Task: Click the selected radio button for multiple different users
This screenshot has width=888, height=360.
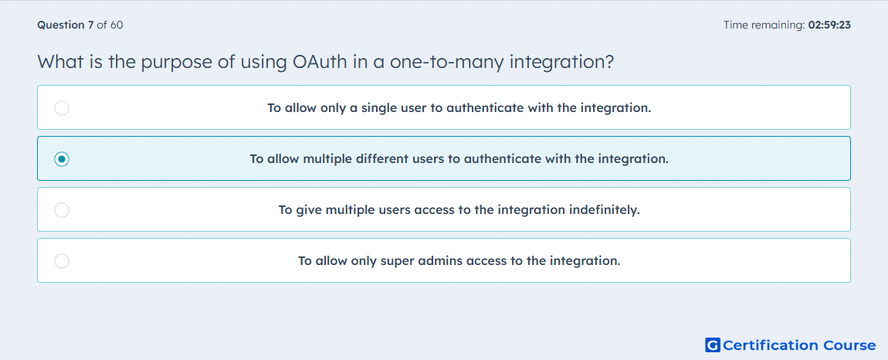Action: (x=62, y=159)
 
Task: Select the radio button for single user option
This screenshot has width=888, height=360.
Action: (x=62, y=108)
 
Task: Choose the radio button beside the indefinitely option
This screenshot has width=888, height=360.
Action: (x=62, y=210)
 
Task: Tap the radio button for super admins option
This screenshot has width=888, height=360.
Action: (x=62, y=261)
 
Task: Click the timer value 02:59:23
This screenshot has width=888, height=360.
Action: (x=829, y=25)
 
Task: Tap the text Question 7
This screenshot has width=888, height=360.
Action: (x=66, y=25)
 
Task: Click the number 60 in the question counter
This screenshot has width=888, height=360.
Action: (x=117, y=25)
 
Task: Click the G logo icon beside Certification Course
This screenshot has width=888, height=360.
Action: (x=713, y=345)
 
